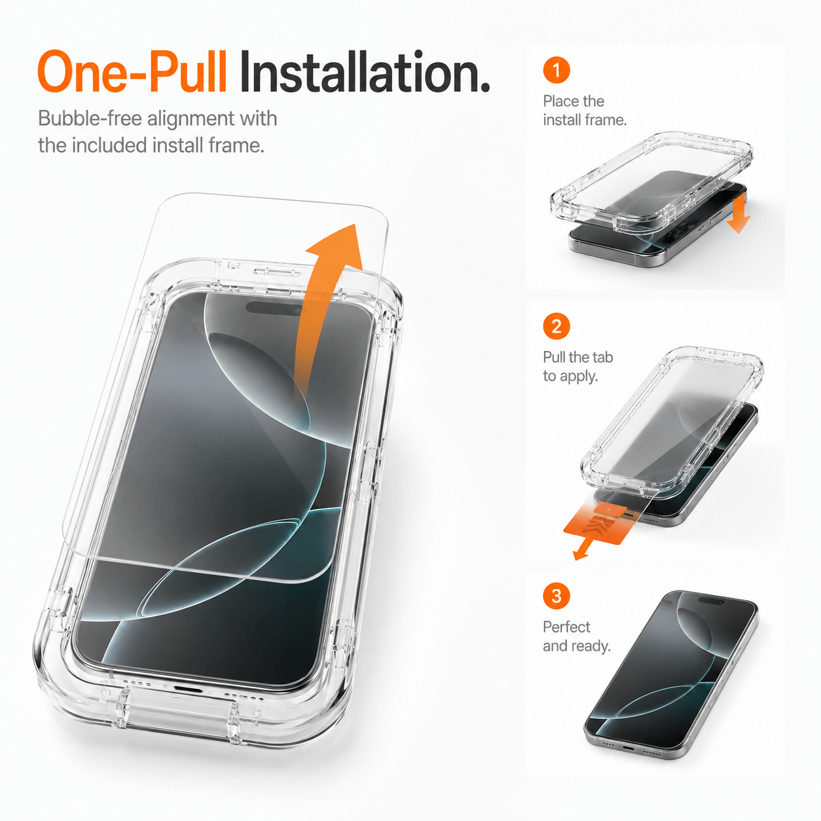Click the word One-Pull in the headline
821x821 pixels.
[132, 71]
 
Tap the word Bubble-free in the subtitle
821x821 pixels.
[90, 119]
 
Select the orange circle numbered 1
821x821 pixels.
[556, 70]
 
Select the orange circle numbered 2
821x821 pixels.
[556, 326]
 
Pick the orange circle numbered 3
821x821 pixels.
[556, 596]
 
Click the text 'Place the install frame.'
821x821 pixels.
[585, 111]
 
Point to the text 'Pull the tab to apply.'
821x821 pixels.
[577, 367]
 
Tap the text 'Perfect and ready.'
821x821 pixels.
[576, 636]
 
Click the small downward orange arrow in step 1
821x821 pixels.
[739, 213]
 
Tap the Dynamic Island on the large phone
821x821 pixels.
[275, 308]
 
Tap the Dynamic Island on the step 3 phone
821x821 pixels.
[710, 600]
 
